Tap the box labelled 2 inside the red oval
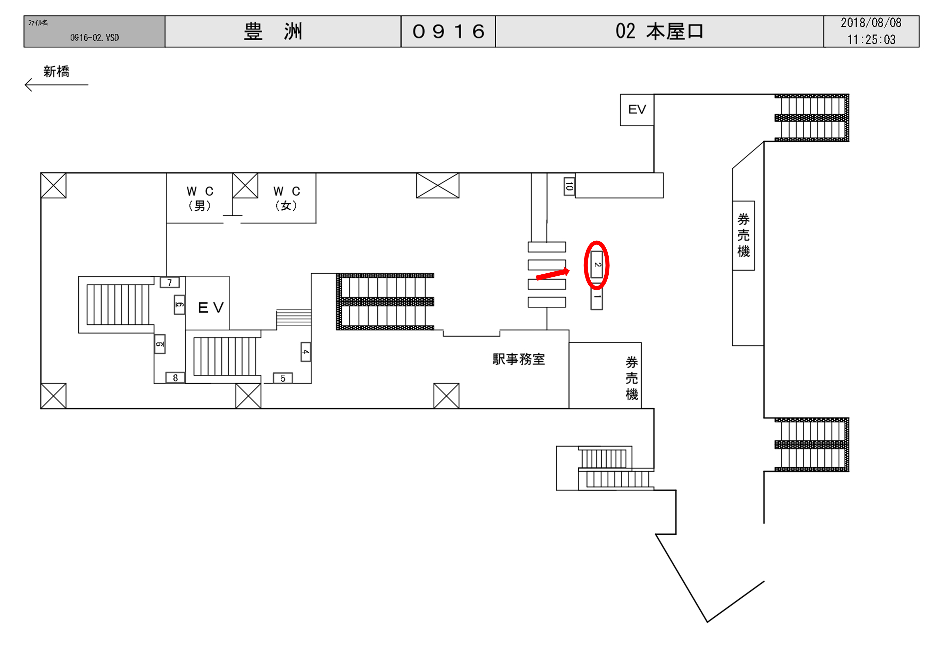(596, 264)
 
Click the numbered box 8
(175, 378)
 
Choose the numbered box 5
(283, 378)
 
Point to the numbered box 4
(306, 352)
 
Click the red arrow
(552, 274)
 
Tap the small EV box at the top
(637, 110)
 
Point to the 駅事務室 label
(518, 359)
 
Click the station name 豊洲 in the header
(273, 31)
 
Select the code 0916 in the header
(448, 31)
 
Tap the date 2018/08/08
(871, 23)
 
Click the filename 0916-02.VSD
(94, 38)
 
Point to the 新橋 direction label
(56, 71)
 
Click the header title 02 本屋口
(659, 31)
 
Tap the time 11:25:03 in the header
(871, 40)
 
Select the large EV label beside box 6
(211, 308)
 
